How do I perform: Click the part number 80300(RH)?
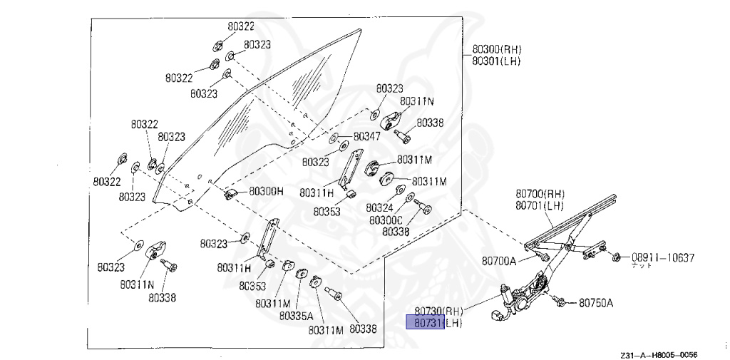tap(497, 50)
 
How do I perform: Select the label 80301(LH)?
tap(496, 61)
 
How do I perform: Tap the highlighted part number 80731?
tap(425, 324)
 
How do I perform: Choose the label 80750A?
tap(596, 302)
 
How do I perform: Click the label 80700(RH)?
tap(540, 194)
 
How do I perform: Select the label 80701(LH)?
tap(539, 205)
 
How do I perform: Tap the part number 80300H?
tap(266, 192)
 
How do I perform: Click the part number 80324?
tap(380, 207)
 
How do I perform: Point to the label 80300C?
tap(386, 220)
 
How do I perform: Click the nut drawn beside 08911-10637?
tap(617, 256)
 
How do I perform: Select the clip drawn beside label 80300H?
tap(231, 192)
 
